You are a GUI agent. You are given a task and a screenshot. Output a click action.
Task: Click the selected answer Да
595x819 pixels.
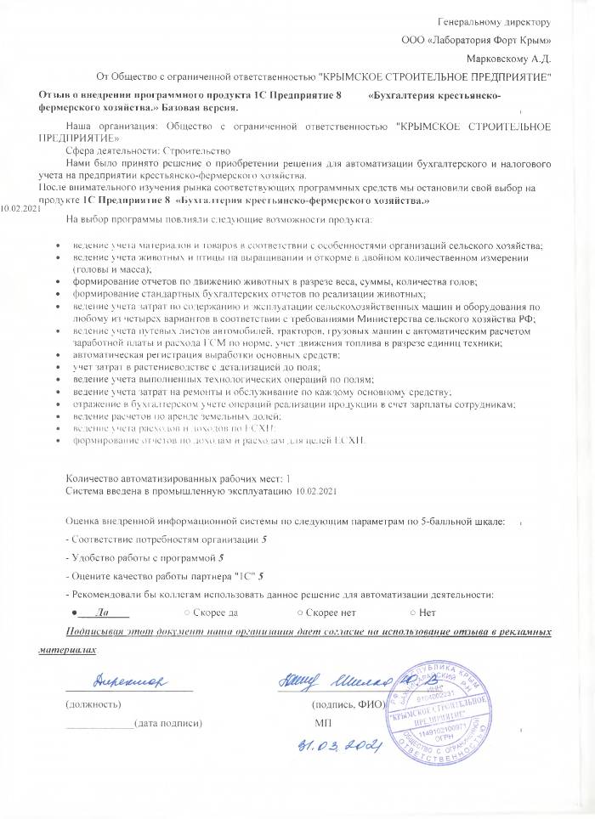coord(102,612)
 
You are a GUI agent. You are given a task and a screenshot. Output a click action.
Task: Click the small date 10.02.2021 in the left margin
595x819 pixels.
coord(20,208)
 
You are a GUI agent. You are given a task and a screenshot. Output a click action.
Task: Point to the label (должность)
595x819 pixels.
coord(93,703)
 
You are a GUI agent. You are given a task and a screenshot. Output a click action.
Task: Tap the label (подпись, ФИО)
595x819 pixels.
coord(349,703)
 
